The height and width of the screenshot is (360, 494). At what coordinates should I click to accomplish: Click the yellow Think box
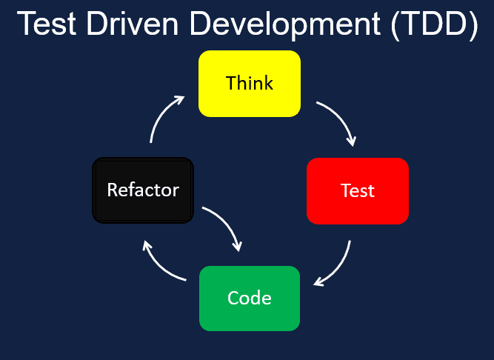point(250,83)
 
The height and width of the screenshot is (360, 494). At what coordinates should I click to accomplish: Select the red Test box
point(358,190)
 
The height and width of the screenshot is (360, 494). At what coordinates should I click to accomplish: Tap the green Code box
point(250,298)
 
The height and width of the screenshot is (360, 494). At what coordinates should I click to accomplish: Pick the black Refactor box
point(143,190)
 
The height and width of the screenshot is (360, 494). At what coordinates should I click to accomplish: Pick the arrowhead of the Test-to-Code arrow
point(318,281)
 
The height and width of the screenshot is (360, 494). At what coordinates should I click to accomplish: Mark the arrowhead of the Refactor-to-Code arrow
point(238,246)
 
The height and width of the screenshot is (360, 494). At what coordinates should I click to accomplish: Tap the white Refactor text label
point(143,190)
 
